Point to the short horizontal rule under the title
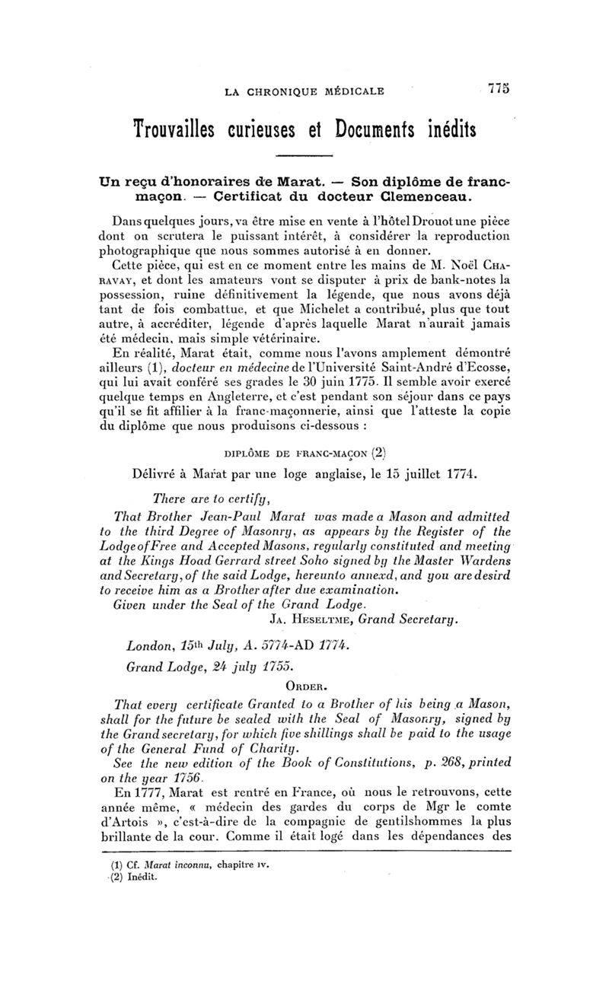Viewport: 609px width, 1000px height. tap(304, 157)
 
